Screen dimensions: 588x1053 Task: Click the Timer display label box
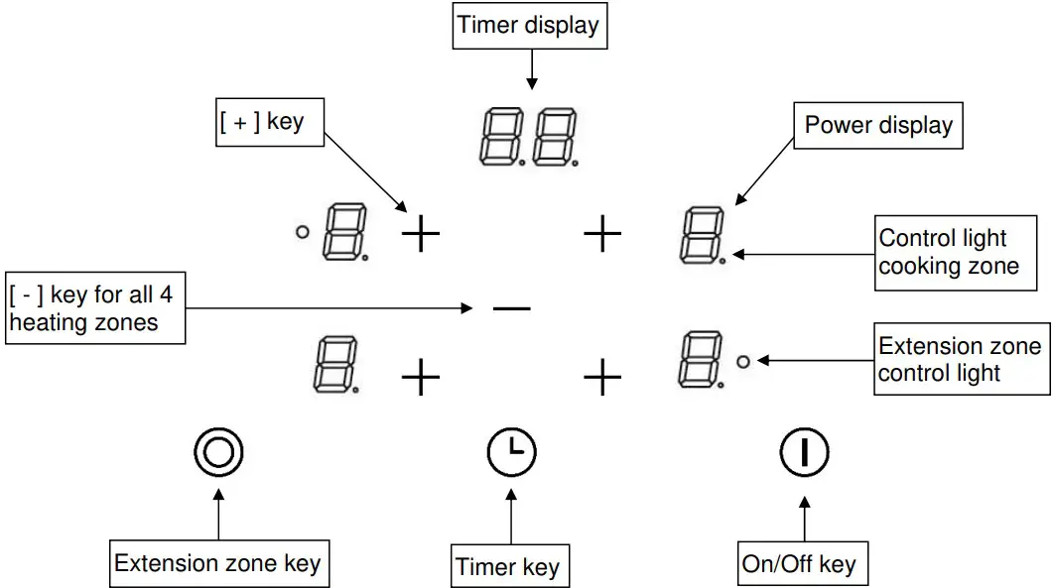point(530,27)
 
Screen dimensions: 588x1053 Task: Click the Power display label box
point(878,126)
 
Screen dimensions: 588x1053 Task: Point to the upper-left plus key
point(420,235)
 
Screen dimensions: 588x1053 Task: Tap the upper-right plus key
point(602,235)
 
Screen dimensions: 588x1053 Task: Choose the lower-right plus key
point(602,378)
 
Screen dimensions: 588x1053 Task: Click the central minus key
point(512,308)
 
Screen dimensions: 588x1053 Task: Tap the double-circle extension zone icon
point(218,453)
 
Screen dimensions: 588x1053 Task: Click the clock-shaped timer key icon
point(511,453)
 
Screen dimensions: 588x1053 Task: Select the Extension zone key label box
point(217,564)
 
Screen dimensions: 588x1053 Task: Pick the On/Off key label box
point(799,564)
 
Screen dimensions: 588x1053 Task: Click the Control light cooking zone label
point(949,253)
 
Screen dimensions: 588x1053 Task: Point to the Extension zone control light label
point(961,359)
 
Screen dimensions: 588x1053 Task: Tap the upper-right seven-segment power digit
point(702,235)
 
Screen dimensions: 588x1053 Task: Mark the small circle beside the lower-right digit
point(743,362)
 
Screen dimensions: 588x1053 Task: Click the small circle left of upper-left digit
point(303,233)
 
